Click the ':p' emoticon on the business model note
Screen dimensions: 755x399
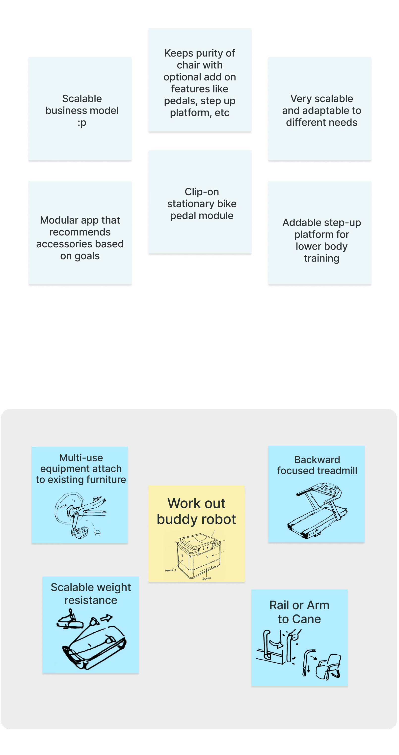pos(82,123)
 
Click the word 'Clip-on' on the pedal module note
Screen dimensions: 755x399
pos(202,192)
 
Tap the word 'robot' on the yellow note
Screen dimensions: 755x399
pos(218,519)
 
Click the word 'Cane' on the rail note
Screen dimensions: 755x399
pos(306,619)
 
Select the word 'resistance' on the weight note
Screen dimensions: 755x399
pos(91,600)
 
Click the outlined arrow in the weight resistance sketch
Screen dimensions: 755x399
pos(106,618)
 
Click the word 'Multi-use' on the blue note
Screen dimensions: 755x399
pos(81,458)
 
